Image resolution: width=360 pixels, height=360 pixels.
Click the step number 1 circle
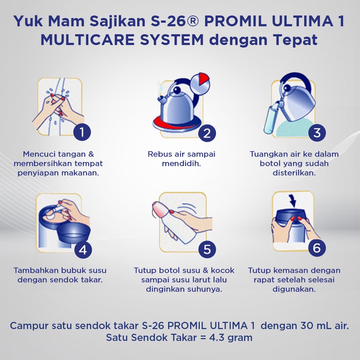tap(82, 132)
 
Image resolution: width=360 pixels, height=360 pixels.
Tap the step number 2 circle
tap(207, 133)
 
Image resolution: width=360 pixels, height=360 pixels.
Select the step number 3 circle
tap(317, 132)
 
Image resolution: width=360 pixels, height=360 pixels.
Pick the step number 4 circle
tap(83, 250)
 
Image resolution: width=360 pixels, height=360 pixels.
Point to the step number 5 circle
tap(207, 249)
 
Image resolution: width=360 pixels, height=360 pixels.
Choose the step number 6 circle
tap(317, 248)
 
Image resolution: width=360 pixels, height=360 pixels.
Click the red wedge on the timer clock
tap(204, 78)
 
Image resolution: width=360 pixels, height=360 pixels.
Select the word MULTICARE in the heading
tap(88, 40)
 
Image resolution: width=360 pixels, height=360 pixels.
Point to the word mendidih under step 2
tap(181, 164)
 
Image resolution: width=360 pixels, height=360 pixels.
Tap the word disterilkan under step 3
tap(294, 173)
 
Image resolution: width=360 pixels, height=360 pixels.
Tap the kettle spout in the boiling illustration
tap(162, 100)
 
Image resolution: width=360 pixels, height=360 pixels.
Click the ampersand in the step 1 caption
tap(91, 154)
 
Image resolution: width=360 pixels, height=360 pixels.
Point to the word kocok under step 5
tap(222, 270)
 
